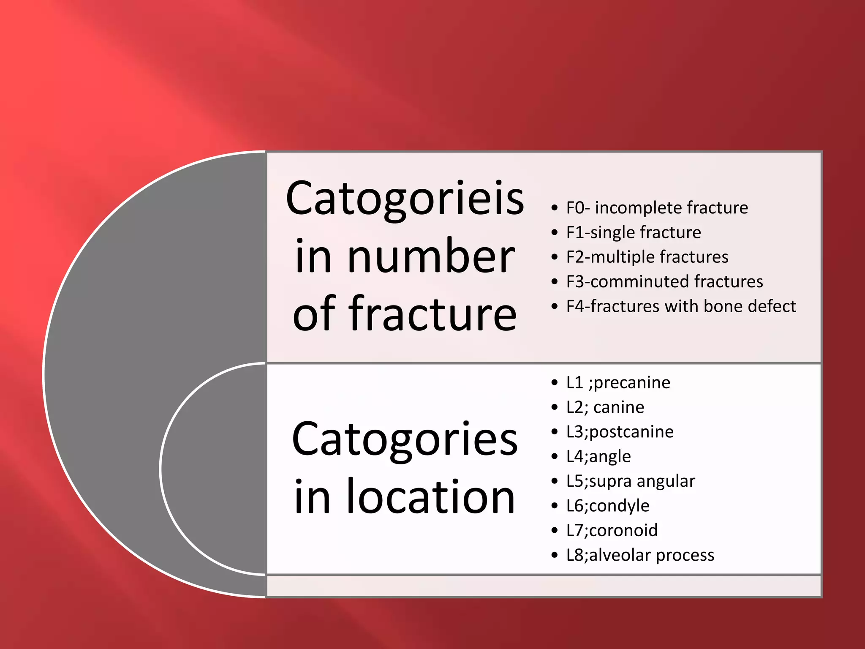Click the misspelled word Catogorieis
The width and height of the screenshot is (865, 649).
405,199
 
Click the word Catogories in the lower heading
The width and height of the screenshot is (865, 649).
405,439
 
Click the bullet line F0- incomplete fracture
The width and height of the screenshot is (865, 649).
657,208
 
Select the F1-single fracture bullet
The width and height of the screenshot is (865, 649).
634,232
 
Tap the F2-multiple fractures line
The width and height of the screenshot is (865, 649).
647,257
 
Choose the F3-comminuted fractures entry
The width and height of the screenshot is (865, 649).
664,281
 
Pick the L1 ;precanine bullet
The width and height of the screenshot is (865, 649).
618,383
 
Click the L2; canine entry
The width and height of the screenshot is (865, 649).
605,407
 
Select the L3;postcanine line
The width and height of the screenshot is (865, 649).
620,432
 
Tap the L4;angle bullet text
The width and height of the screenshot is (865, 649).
598,457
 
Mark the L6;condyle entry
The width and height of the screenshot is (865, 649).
607,506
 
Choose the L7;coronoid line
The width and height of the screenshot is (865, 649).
612,530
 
